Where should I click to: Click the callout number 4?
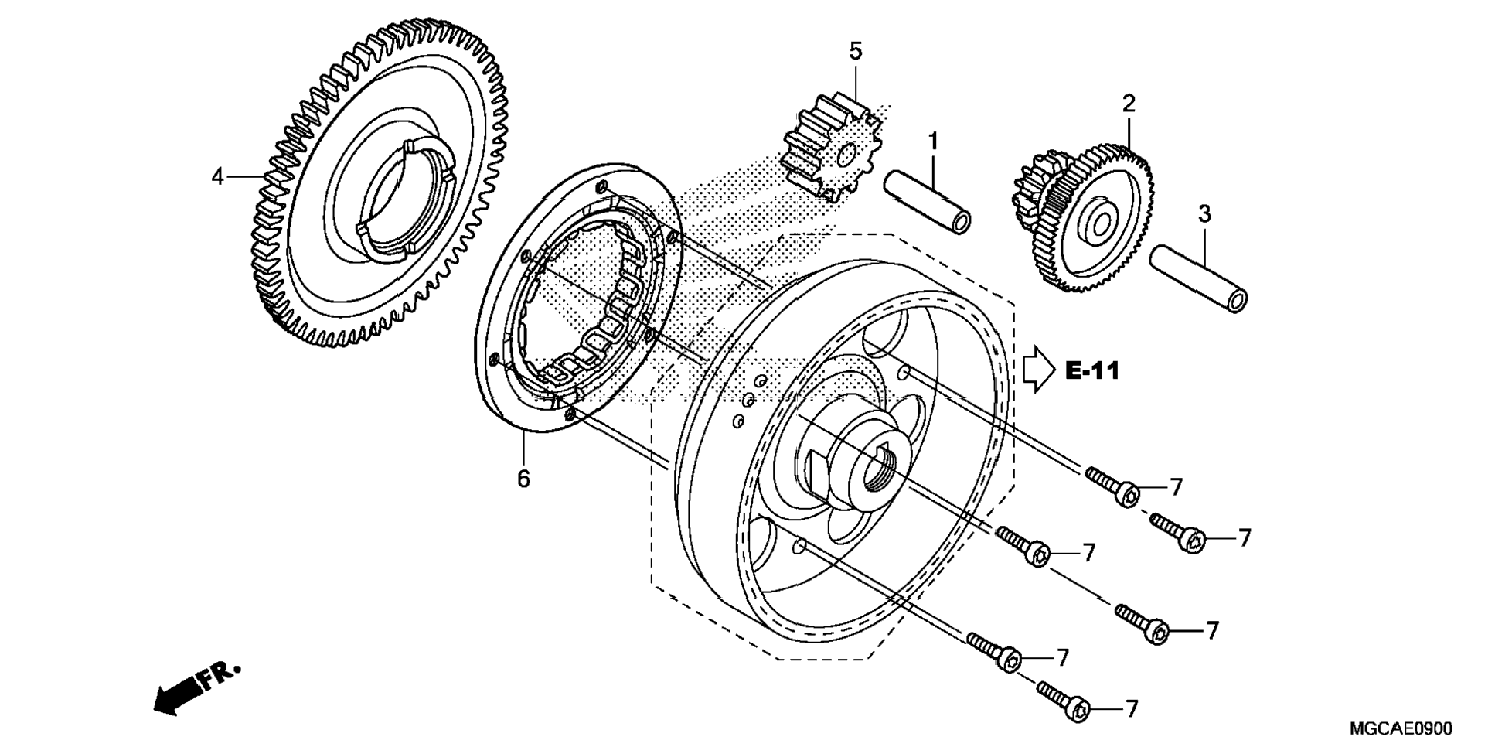(218, 177)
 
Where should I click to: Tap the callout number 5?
(855, 52)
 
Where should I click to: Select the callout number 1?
(933, 142)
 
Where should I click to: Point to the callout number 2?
(1129, 104)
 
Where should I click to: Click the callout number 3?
(1204, 214)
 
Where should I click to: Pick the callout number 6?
(523, 479)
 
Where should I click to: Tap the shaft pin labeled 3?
(1199, 278)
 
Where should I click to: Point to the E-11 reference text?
(1092, 371)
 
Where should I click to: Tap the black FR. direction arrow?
(197, 687)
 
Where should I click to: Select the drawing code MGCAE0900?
(1401, 728)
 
